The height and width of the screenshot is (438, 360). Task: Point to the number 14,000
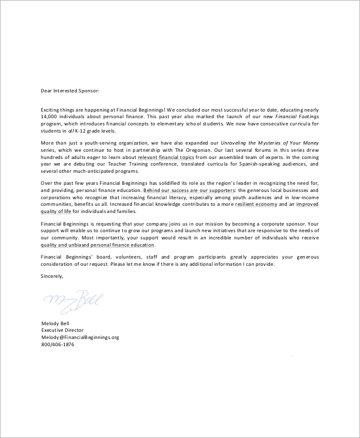pos(49,117)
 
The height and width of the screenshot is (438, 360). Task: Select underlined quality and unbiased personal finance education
pos(98,245)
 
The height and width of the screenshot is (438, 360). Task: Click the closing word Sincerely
pos(52,276)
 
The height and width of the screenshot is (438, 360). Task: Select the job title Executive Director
pos(62,330)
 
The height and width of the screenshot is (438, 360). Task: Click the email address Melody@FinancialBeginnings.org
pos(80,337)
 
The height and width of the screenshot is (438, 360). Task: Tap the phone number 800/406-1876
pos(57,344)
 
